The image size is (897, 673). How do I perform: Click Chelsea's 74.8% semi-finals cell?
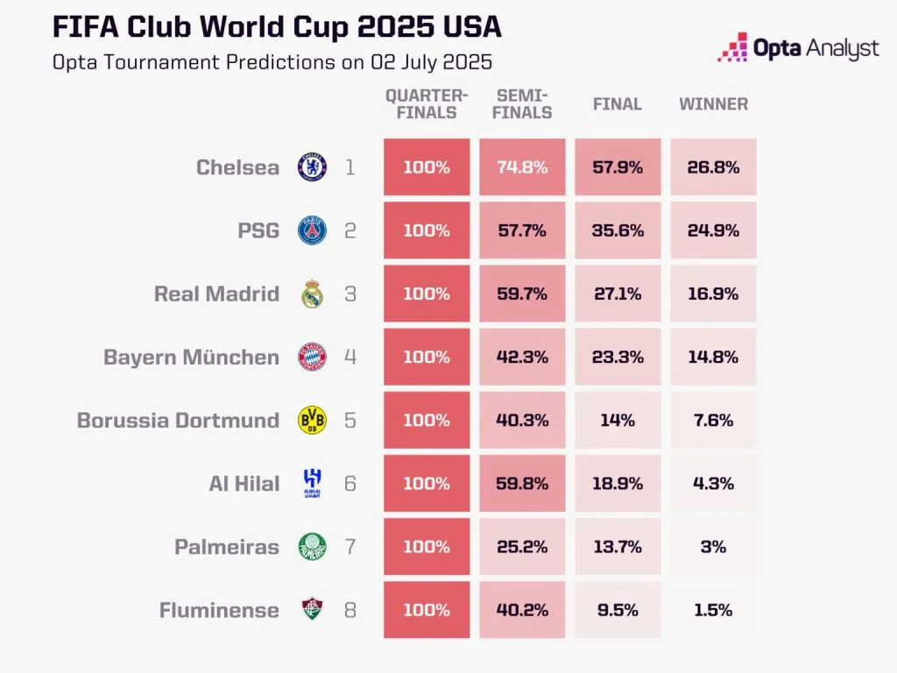pyautogui.click(x=522, y=167)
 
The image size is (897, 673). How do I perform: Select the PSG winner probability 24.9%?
pyautogui.click(x=713, y=230)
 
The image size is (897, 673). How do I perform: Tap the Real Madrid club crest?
pyautogui.click(x=313, y=294)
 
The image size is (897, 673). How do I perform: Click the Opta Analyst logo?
pyautogui.click(x=797, y=48)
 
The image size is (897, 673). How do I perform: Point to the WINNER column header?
pyautogui.click(x=713, y=104)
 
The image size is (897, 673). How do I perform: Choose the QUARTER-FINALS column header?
pyautogui.click(x=427, y=104)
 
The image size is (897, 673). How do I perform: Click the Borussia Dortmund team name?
pyautogui.click(x=178, y=421)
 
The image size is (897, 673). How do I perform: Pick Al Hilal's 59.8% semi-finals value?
pyautogui.click(x=522, y=484)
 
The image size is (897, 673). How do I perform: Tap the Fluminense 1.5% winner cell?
pyautogui.click(x=713, y=610)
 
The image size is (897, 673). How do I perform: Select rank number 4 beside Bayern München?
pyautogui.click(x=350, y=358)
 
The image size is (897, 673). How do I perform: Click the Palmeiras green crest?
pyautogui.click(x=313, y=547)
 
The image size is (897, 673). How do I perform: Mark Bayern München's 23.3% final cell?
pyautogui.click(x=618, y=358)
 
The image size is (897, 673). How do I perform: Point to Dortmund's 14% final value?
pyautogui.click(x=618, y=421)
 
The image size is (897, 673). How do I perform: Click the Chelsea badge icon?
pyautogui.click(x=313, y=167)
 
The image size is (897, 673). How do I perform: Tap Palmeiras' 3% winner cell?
pyautogui.click(x=713, y=547)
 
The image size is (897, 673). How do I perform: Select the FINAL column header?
pyautogui.click(x=618, y=104)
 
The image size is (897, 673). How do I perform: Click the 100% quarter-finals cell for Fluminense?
pyautogui.click(x=427, y=610)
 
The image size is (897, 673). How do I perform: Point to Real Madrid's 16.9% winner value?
pyautogui.click(x=713, y=294)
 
